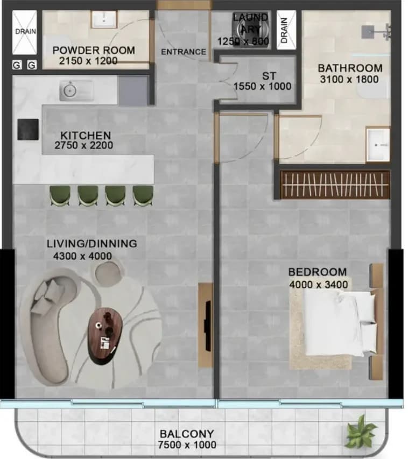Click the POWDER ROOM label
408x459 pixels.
point(94,51)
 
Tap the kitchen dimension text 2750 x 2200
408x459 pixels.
point(84,145)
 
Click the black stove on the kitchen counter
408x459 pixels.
point(28,129)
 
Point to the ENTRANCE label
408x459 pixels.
point(184,52)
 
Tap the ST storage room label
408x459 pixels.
point(269,76)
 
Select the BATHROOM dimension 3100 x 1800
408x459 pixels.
point(349,79)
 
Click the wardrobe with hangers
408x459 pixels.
point(335,185)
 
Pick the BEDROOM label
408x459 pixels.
point(318,272)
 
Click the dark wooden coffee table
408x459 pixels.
point(105,336)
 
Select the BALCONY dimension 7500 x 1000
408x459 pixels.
point(187,445)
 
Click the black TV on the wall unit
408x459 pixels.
point(208,326)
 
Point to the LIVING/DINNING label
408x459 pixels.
point(92,244)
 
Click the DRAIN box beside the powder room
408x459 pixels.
point(25,32)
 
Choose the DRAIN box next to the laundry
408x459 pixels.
point(286,30)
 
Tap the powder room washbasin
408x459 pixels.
point(104,19)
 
